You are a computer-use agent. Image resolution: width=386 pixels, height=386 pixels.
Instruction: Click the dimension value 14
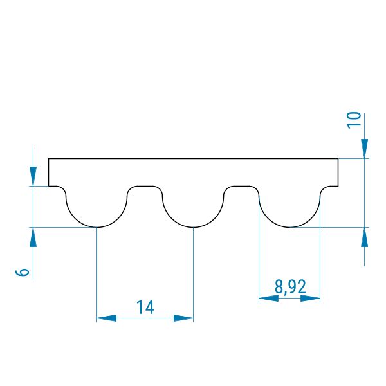pos(145,307)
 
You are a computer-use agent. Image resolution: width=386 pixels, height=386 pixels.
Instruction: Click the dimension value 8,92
pos(290,287)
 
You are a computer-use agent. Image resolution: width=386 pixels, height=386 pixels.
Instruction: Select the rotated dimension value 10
pos(354,120)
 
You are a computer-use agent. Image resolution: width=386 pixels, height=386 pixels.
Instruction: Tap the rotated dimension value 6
pos(23,272)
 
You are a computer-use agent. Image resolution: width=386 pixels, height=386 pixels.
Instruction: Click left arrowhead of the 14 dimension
pos(107,318)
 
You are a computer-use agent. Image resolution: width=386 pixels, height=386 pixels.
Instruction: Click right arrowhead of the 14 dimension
pos(183,318)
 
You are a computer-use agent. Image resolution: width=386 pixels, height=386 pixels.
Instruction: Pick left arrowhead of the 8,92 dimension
pos(268,298)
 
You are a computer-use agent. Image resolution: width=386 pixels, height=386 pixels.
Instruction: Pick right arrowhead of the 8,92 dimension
pos(310,298)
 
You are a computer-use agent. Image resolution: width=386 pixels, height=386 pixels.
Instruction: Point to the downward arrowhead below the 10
pos(365,149)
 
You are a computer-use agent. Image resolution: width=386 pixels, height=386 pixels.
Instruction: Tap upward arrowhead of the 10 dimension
pos(365,237)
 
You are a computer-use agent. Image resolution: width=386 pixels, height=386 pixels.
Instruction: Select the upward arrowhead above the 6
pos(33,237)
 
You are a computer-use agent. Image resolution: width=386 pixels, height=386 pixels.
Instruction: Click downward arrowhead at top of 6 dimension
pos(33,176)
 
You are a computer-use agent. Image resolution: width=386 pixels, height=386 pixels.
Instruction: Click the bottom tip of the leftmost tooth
pos(97,227)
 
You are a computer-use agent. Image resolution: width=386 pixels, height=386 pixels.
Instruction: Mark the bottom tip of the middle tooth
pos(194,227)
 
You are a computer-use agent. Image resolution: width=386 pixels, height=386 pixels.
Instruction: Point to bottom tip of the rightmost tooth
pos(290,227)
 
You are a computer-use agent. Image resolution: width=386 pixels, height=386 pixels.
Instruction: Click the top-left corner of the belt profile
pos(49,158)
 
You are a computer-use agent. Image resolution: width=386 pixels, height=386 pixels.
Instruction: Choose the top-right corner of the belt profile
pos(338,158)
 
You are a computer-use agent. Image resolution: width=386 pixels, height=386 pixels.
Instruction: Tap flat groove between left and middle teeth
pos(145,186)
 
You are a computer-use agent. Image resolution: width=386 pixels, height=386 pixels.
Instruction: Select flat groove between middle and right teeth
pos(241,186)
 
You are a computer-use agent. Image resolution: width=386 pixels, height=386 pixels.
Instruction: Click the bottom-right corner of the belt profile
pos(338,186)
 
